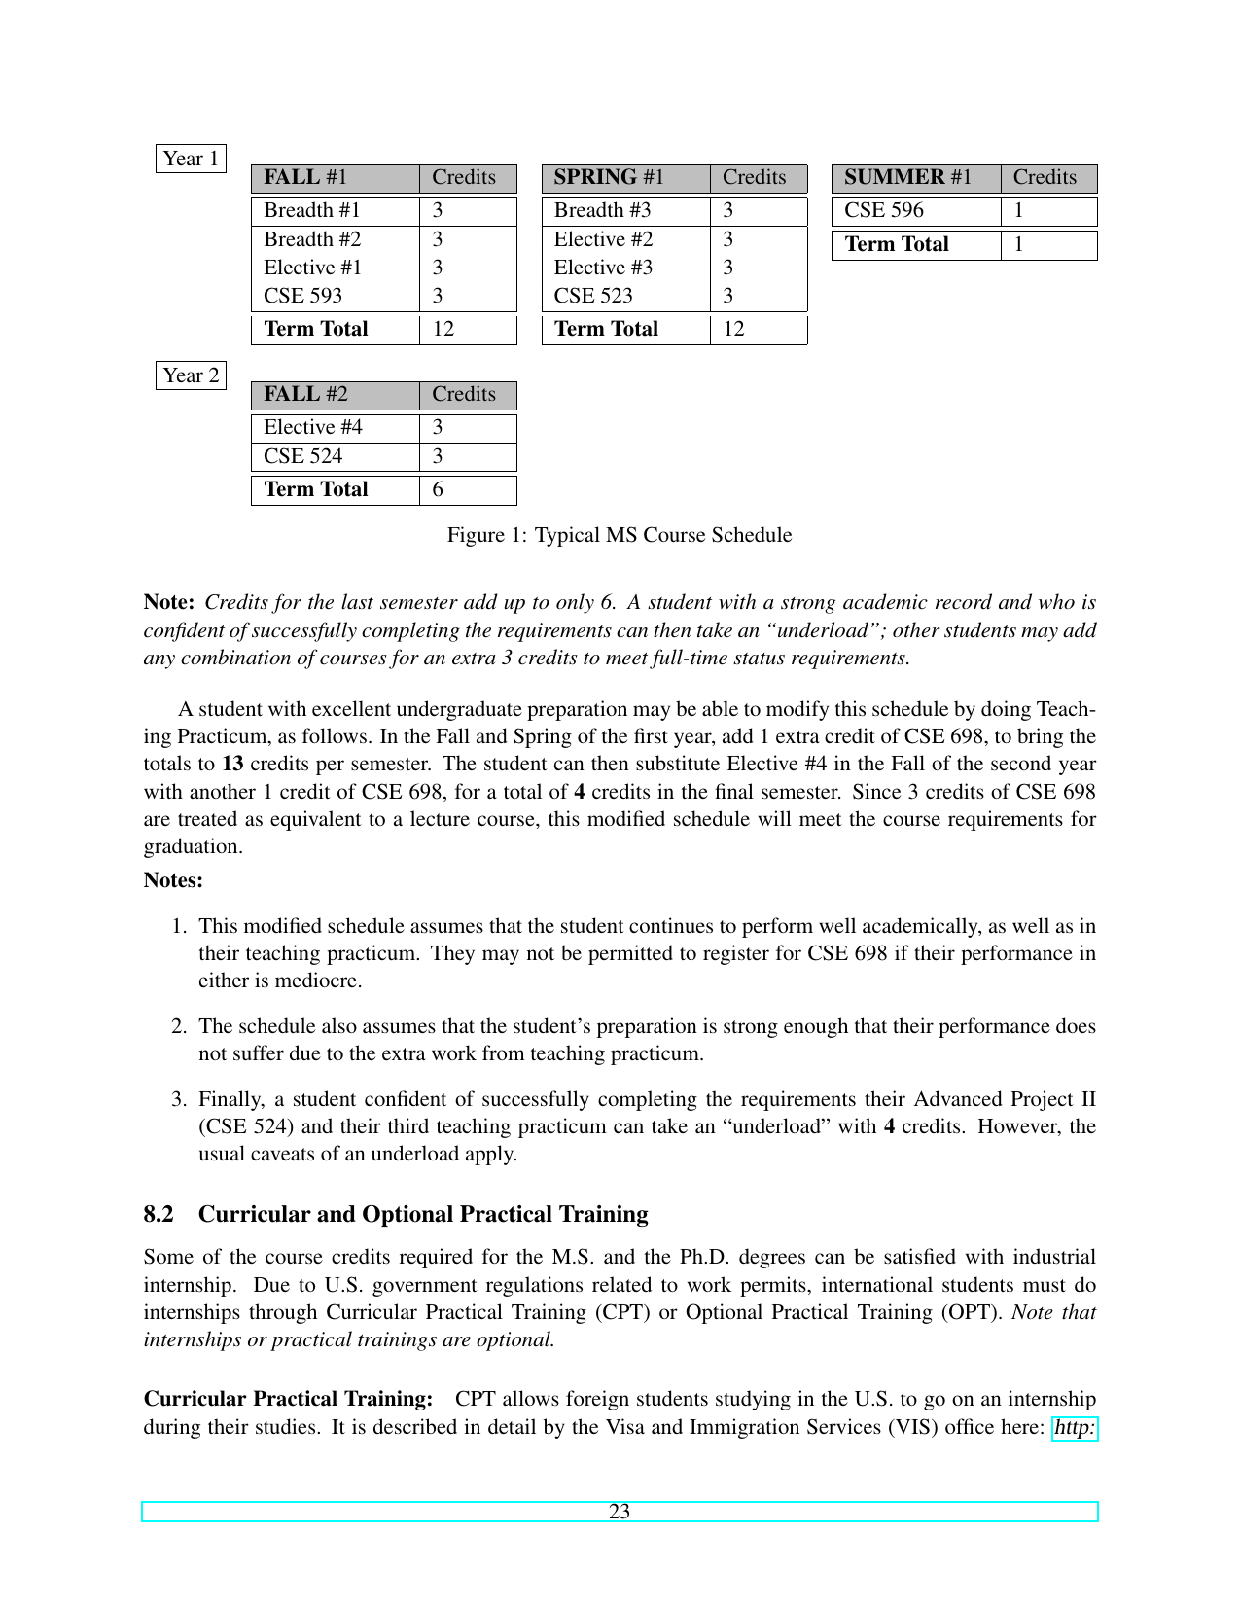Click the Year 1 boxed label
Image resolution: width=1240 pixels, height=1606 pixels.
click(x=191, y=159)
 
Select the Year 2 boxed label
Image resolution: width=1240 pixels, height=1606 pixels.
click(x=191, y=375)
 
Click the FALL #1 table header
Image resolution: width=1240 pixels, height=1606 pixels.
click(x=305, y=177)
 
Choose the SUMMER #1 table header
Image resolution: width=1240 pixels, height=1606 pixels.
click(x=907, y=177)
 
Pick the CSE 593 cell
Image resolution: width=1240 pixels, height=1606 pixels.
click(x=303, y=296)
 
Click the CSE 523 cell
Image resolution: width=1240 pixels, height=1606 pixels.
click(x=593, y=296)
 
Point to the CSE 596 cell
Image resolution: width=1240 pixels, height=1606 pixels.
click(x=884, y=210)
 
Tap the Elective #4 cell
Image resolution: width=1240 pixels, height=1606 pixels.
click(x=313, y=427)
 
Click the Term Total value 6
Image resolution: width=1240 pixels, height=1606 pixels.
click(x=438, y=489)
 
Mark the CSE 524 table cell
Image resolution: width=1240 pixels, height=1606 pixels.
click(x=303, y=456)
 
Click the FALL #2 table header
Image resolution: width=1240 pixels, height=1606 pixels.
click(x=305, y=394)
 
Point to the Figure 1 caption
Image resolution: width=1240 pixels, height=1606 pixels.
click(x=620, y=535)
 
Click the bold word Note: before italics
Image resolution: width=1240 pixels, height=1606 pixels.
click(x=170, y=602)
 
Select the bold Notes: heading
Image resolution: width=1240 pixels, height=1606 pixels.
click(x=173, y=880)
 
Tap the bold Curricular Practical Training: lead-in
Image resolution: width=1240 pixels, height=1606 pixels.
click(x=288, y=1399)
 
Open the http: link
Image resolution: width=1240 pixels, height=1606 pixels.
click(x=1075, y=1427)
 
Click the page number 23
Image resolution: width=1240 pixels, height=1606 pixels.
click(x=620, y=1512)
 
